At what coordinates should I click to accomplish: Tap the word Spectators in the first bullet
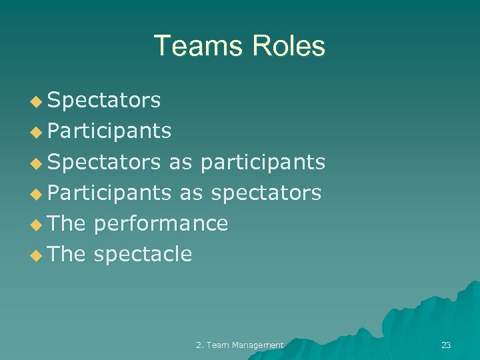tap(104, 101)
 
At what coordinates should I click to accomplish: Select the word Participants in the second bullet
tap(109, 131)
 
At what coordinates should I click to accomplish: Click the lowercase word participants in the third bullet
tap(263, 162)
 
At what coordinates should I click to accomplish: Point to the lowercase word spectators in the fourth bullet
tap(266, 193)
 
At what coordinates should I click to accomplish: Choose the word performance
tap(161, 223)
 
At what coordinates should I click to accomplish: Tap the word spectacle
tap(143, 254)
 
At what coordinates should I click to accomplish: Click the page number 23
tap(446, 345)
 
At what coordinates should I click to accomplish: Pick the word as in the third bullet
tap(180, 162)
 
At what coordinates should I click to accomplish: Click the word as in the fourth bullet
tap(191, 193)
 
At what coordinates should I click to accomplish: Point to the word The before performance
tap(67, 223)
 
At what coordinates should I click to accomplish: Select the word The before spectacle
tap(67, 254)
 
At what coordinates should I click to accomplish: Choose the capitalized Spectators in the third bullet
tap(104, 162)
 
